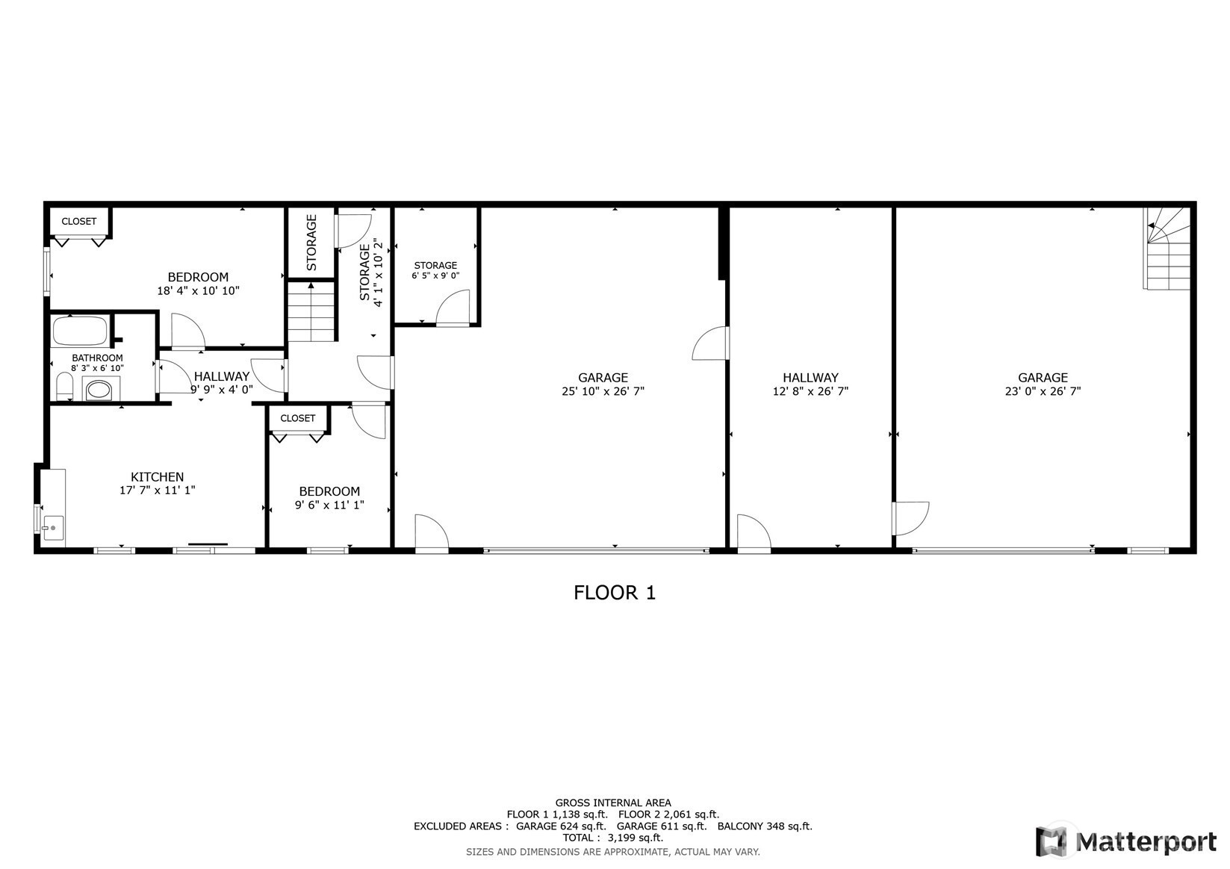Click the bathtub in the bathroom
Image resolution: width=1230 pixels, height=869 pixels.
(80, 331)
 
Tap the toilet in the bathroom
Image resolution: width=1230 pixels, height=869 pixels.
(64, 386)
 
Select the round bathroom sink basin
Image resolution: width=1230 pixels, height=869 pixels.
(99, 390)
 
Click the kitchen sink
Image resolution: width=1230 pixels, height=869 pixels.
(53, 528)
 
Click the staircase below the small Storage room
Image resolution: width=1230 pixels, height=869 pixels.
(311, 312)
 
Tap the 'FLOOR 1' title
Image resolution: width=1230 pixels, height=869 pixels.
(615, 593)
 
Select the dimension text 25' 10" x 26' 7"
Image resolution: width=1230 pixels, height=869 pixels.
(603, 391)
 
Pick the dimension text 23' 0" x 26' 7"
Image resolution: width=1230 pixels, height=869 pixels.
(1043, 391)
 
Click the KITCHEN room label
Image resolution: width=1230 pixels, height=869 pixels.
(157, 476)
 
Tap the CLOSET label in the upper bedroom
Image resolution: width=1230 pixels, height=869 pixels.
(79, 221)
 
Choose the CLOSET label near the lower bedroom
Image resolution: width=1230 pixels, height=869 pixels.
(298, 418)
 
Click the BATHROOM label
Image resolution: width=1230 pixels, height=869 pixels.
(97, 358)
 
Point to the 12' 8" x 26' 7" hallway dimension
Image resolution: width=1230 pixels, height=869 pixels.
(810, 391)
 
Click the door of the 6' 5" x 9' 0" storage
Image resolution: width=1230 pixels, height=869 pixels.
(453, 308)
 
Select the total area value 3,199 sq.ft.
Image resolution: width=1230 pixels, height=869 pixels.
(636, 838)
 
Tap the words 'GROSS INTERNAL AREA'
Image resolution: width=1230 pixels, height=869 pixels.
(613, 803)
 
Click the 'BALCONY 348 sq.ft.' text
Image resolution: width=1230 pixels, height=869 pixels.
(765, 826)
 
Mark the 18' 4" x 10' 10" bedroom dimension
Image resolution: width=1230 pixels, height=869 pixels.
(198, 291)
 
